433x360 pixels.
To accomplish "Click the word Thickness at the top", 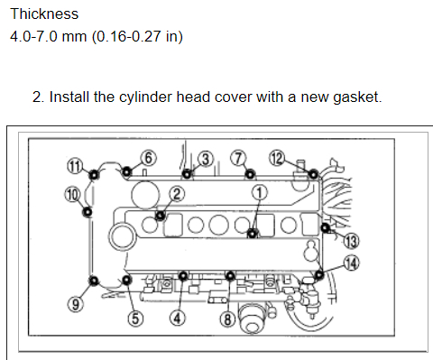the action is [44, 14].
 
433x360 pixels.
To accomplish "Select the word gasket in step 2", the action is [357, 97].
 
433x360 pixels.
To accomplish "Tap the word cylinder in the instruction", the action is [146, 97].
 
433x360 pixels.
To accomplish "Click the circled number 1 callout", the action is [259, 193].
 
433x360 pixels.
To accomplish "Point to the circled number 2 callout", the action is [177, 194].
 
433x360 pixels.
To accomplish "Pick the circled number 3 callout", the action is [206, 159].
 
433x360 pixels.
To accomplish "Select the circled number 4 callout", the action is [178, 318].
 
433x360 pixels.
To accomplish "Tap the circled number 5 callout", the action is [135, 318].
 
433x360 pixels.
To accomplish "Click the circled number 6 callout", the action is [149, 158].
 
